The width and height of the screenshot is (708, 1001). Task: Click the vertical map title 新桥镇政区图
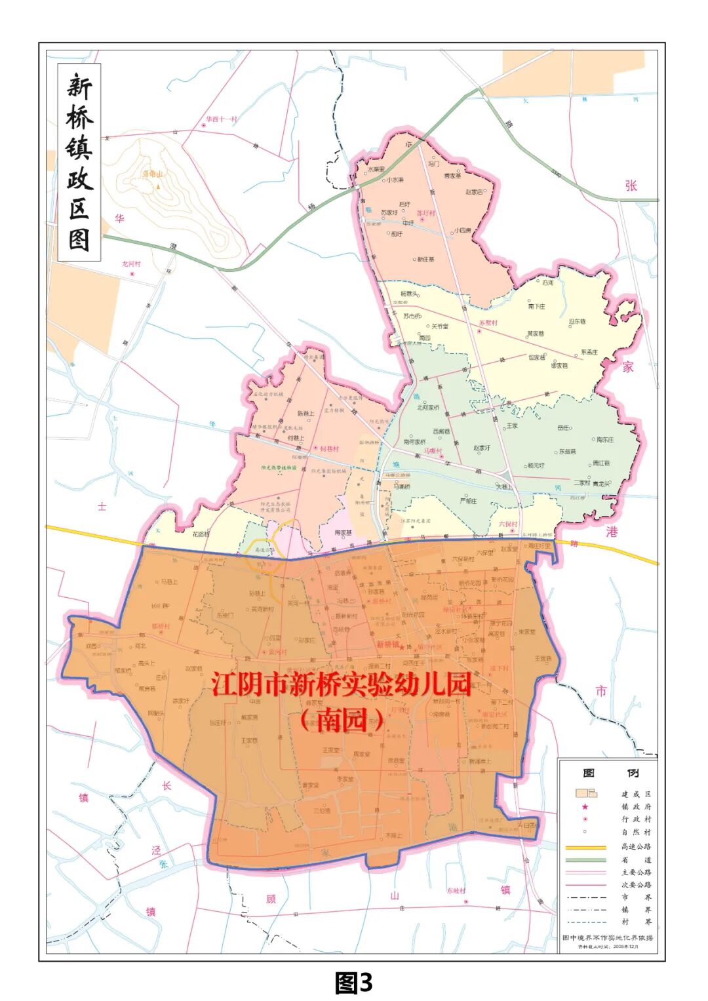click(x=79, y=162)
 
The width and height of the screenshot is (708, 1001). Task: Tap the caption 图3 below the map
click(x=353, y=982)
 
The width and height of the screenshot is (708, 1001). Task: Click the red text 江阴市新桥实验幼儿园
click(x=342, y=684)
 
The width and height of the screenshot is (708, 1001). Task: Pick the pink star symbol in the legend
click(x=585, y=807)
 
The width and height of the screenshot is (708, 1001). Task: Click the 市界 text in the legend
click(x=636, y=897)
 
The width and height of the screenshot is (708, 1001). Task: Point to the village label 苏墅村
click(x=488, y=323)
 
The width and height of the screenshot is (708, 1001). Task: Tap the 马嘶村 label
click(x=432, y=451)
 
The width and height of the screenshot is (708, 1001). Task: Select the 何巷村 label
click(x=329, y=449)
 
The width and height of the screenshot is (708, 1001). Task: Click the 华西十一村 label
click(x=222, y=119)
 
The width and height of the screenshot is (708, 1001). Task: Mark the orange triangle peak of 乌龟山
click(x=157, y=186)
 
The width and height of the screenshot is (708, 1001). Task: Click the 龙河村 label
click(x=130, y=264)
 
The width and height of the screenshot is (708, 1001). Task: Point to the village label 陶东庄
click(x=604, y=440)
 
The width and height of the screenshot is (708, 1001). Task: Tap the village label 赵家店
click(x=474, y=192)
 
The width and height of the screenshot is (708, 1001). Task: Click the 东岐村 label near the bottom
click(x=456, y=891)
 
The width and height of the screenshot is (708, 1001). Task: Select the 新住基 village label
click(x=426, y=260)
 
